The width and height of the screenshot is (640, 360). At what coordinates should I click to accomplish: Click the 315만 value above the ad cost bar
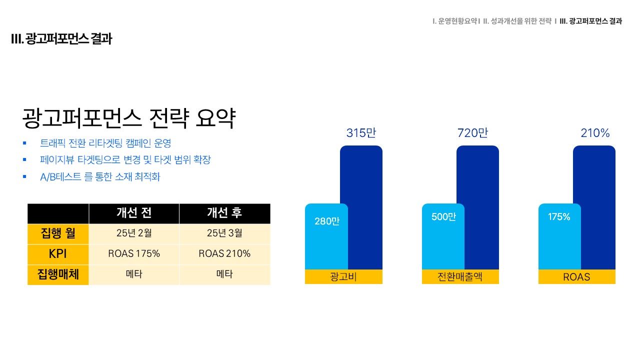click(361, 133)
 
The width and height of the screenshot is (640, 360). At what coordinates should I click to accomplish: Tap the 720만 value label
click(472, 133)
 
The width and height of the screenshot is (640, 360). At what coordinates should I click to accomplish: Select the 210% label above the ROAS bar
click(595, 133)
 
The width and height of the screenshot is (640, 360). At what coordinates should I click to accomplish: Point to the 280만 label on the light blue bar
click(327, 221)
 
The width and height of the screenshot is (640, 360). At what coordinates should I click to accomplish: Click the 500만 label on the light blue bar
click(443, 217)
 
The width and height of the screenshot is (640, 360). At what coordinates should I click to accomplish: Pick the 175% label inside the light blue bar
click(559, 217)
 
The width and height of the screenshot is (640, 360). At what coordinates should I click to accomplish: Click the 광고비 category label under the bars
click(343, 276)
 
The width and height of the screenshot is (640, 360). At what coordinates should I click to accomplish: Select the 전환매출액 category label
click(460, 276)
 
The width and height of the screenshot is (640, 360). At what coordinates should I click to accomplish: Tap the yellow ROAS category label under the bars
click(576, 277)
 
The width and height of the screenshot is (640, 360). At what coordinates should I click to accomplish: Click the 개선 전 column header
click(134, 213)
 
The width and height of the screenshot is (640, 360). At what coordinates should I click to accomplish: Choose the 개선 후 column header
click(224, 213)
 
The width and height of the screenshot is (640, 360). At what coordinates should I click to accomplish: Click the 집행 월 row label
click(58, 233)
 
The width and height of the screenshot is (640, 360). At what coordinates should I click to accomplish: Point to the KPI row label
click(57, 253)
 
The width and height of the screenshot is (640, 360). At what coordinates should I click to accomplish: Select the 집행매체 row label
click(58, 274)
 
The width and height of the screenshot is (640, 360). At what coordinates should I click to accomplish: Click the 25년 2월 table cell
click(134, 233)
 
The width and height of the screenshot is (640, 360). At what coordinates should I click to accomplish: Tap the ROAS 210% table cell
click(224, 253)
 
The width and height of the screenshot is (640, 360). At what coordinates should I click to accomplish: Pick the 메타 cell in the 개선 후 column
click(224, 274)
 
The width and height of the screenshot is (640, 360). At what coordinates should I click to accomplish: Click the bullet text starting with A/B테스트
click(100, 177)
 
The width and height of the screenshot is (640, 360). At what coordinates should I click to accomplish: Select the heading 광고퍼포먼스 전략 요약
click(129, 118)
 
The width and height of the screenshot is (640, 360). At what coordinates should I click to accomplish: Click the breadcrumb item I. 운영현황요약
click(455, 21)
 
